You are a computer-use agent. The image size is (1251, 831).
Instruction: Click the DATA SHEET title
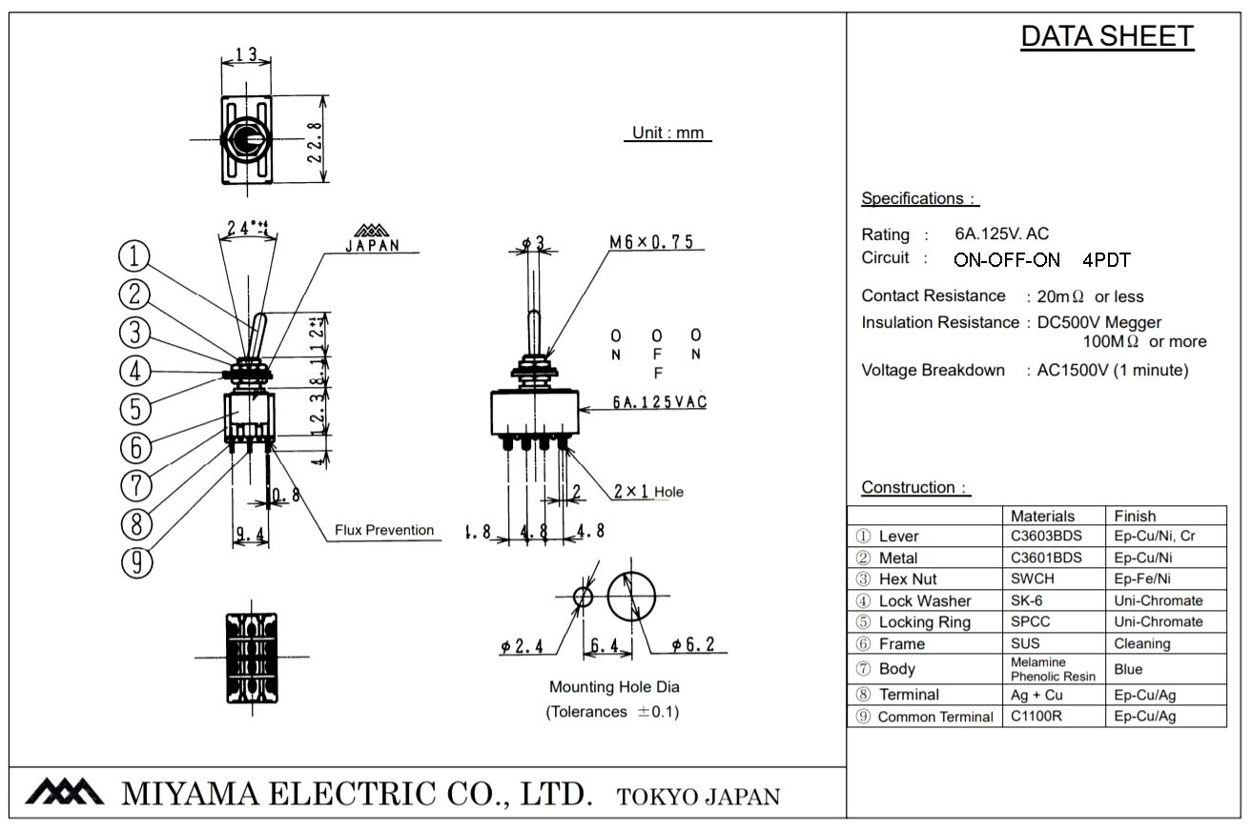coord(1107,36)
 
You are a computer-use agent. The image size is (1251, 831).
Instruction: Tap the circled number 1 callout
coord(135,255)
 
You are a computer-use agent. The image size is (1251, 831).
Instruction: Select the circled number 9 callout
coord(136,563)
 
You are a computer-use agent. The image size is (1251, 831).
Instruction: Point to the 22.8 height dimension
coord(314,139)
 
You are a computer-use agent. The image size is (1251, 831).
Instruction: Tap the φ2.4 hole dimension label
coord(522,647)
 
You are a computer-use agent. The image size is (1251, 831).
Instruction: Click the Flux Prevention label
coord(384,531)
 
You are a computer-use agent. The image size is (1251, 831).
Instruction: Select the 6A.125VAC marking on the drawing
coord(659,402)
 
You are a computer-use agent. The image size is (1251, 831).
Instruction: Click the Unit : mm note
coord(668,133)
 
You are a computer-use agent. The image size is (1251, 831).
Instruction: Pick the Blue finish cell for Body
coord(1128,669)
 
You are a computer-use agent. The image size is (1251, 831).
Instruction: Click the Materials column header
coord(1042,517)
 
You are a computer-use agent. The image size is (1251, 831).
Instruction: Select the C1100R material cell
coord(1036,717)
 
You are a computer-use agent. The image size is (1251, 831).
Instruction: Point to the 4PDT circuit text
coord(1106,259)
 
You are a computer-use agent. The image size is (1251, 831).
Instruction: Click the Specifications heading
coord(920,199)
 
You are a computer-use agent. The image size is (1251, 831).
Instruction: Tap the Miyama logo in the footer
coord(64,793)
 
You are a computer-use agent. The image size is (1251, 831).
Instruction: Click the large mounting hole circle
coord(633,597)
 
